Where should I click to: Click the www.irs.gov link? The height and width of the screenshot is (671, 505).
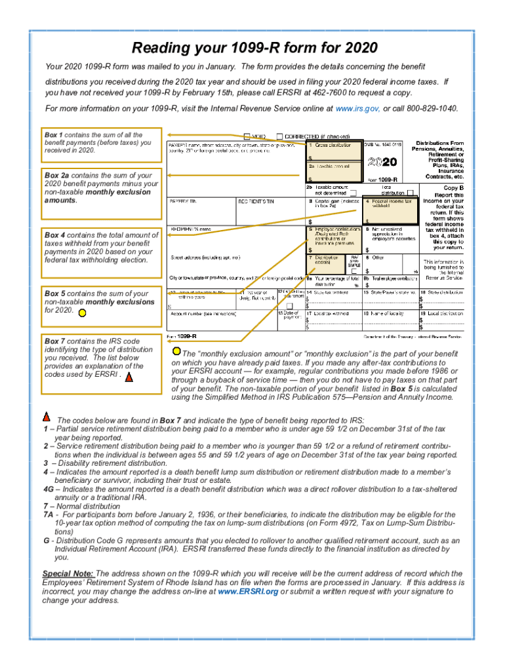click(357, 108)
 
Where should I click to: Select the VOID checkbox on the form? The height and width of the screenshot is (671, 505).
click(247, 137)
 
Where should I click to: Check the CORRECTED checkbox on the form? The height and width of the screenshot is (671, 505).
click(280, 137)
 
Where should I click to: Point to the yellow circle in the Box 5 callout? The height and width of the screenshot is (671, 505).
click(81, 313)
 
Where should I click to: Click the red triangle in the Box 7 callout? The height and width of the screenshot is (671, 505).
click(129, 377)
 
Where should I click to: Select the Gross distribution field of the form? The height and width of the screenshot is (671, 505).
click(332, 151)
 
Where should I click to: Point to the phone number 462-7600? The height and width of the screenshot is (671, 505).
click(317, 92)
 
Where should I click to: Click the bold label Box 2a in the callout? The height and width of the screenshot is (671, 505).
click(57, 176)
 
